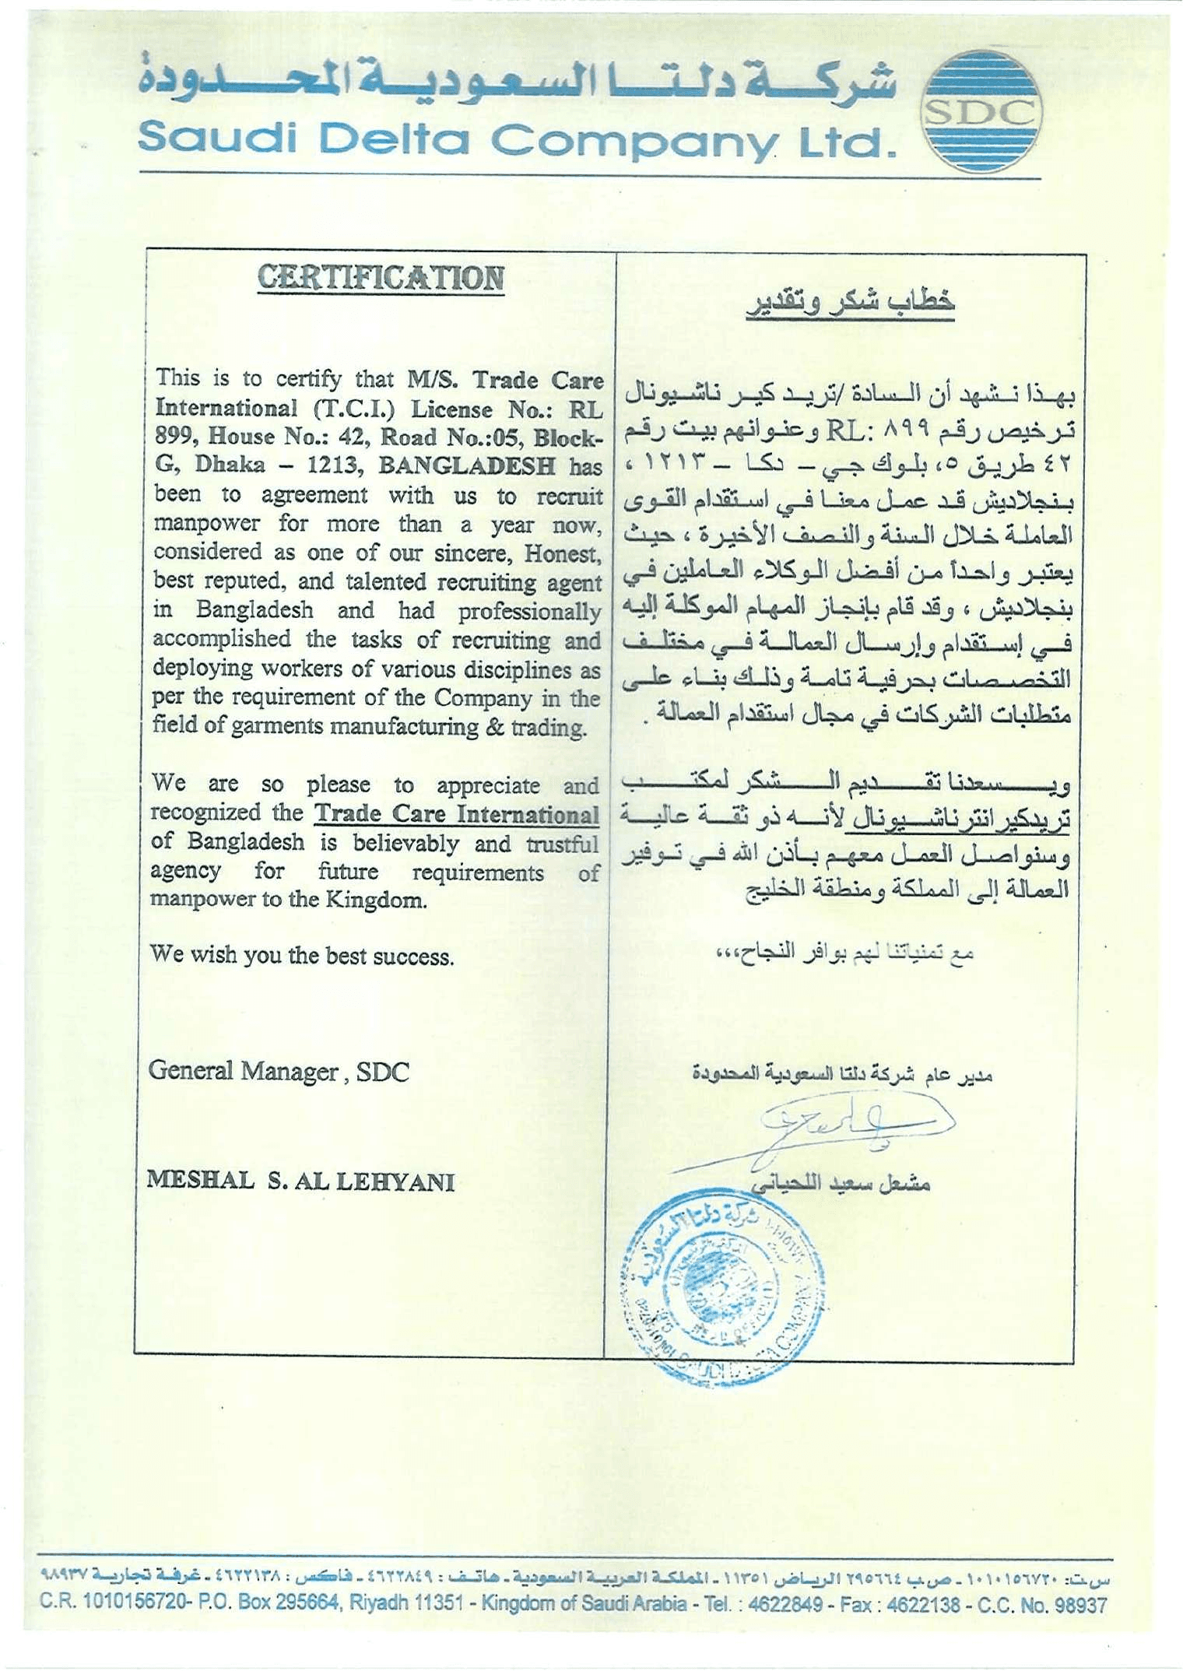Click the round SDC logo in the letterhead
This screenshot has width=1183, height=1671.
[981, 113]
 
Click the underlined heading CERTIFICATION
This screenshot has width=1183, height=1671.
[381, 279]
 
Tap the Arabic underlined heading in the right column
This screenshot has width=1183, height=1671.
[851, 302]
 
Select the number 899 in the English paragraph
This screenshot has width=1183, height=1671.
[175, 436]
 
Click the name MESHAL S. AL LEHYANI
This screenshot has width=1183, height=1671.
[300, 1181]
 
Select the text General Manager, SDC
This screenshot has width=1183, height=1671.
[279, 1072]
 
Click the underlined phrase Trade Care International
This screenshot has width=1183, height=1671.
[457, 814]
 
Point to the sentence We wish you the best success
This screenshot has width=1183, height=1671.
[302, 956]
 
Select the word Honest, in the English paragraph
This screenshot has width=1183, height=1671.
[563, 554]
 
